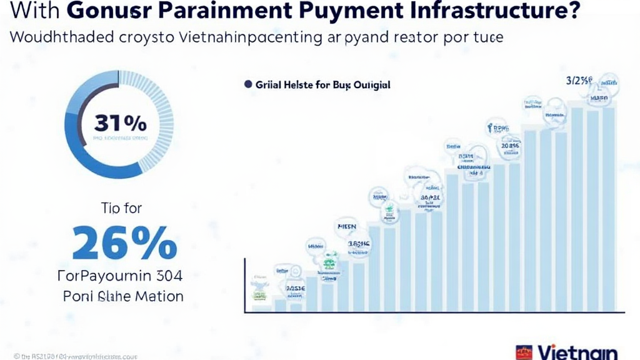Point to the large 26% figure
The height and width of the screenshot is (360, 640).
pyautogui.click(x=124, y=242)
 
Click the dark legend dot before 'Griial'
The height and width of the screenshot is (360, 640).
pyautogui.click(x=247, y=84)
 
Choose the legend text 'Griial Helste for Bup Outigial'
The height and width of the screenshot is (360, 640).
pyautogui.click(x=322, y=84)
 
